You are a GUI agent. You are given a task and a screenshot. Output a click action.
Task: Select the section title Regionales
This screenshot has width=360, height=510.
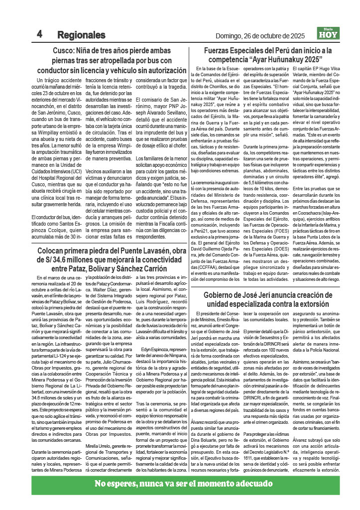pyautogui.click(x=81, y=35)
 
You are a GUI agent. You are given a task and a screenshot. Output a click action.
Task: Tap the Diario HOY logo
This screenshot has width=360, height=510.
pyautogui.click(x=329, y=34)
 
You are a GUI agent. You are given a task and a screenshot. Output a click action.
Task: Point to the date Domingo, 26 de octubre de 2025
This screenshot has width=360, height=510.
pyautogui.click(x=260, y=36)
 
